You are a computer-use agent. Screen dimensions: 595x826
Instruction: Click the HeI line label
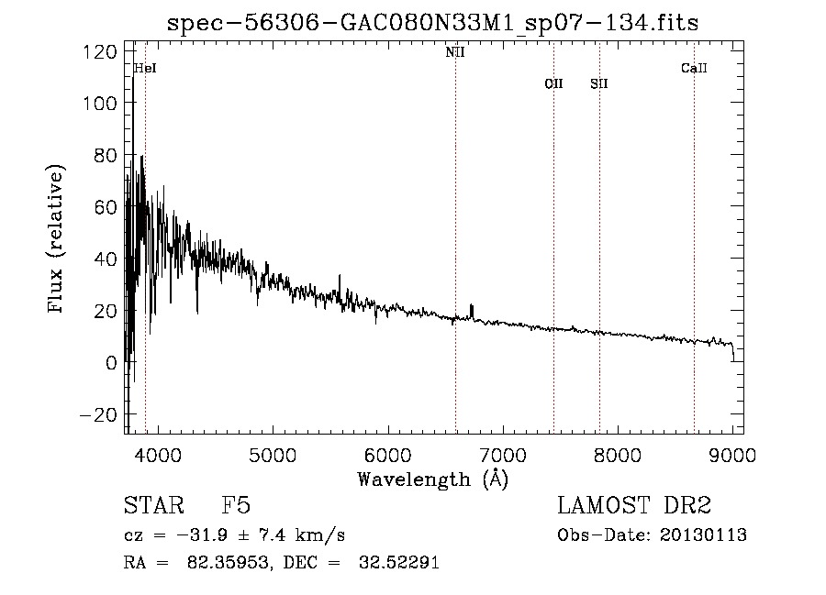click(x=145, y=68)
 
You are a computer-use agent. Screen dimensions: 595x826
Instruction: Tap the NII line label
click(x=455, y=53)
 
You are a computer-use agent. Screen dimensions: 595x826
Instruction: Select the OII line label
click(x=553, y=84)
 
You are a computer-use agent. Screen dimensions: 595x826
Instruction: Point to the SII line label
click(x=599, y=84)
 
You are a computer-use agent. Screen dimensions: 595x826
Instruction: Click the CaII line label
click(x=694, y=68)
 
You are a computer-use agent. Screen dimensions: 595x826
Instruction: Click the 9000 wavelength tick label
click(x=732, y=454)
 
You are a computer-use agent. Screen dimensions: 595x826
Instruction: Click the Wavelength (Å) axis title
click(x=432, y=479)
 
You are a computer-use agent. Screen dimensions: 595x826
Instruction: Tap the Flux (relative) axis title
click(x=57, y=240)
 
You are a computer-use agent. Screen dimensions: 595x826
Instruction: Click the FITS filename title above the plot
click(x=432, y=23)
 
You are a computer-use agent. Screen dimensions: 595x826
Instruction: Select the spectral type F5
click(x=236, y=506)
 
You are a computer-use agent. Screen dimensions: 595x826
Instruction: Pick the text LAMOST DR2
click(x=634, y=506)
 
